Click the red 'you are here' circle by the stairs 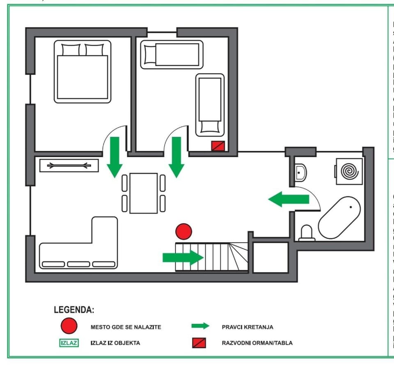coord(183,232)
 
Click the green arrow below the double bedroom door coord(115,157)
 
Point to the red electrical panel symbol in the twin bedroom coord(218,145)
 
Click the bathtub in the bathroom coord(339,217)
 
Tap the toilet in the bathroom coord(307,233)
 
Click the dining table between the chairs coord(143,193)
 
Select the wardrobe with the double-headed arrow coord(69,165)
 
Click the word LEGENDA coord(74,309)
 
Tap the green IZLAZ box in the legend coord(69,343)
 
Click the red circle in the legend coord(69,327)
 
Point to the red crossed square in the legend coord(199,343)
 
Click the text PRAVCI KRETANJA coord(247,327)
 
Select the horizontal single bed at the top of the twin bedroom coord(172,54)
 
